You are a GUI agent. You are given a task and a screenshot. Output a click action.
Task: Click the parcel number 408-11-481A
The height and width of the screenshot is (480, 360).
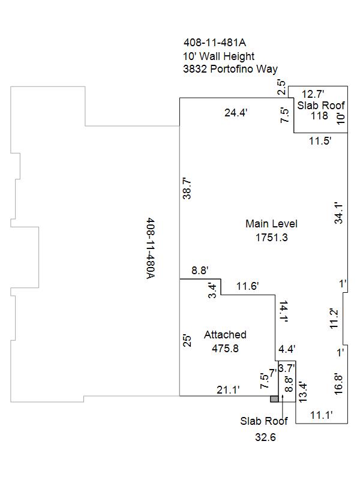tap(215, 42)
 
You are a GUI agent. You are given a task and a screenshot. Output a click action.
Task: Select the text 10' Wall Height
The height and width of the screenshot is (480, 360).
tap(218, 56)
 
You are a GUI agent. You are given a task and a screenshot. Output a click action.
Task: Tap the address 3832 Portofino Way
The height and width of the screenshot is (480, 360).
tap(230, 69)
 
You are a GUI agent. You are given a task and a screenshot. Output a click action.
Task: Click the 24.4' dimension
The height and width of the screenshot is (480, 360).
tap(236, 113)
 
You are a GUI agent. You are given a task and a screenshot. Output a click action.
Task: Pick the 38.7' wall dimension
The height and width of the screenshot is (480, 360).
tap(187, 188)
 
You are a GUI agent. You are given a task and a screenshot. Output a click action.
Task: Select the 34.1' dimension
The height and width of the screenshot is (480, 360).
tap(338, 213)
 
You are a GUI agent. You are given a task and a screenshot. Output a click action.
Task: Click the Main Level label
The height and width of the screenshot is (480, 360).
tap(271, 223)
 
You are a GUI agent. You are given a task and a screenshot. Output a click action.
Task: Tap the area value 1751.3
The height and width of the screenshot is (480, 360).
tap(272, 237)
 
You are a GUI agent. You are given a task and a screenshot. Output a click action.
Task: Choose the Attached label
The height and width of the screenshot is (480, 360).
tap(225, 335)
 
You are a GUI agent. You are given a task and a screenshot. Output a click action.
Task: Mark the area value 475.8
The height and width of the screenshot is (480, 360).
tap(225, 349)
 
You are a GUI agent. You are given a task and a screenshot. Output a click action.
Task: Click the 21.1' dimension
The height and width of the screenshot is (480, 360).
tap(228, 389)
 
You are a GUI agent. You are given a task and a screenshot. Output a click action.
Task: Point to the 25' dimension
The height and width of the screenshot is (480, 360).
tap(187, 341)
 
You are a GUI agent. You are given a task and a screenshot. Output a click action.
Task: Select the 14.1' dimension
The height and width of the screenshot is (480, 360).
tap(283, 311)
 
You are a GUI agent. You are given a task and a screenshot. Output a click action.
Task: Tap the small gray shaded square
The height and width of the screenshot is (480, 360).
tap(274, 399)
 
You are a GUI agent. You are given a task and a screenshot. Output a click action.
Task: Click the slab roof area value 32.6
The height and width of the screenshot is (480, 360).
tap(265, 437)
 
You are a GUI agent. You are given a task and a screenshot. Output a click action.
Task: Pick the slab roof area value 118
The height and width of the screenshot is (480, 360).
tap(319, 116)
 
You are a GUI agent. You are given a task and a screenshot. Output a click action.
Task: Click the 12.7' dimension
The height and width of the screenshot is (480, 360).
tap(313, 94)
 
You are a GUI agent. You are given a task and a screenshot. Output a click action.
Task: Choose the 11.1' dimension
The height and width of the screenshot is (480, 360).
tap(322, 415)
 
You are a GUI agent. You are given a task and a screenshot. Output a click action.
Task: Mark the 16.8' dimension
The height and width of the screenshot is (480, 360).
tap(338, 384)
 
